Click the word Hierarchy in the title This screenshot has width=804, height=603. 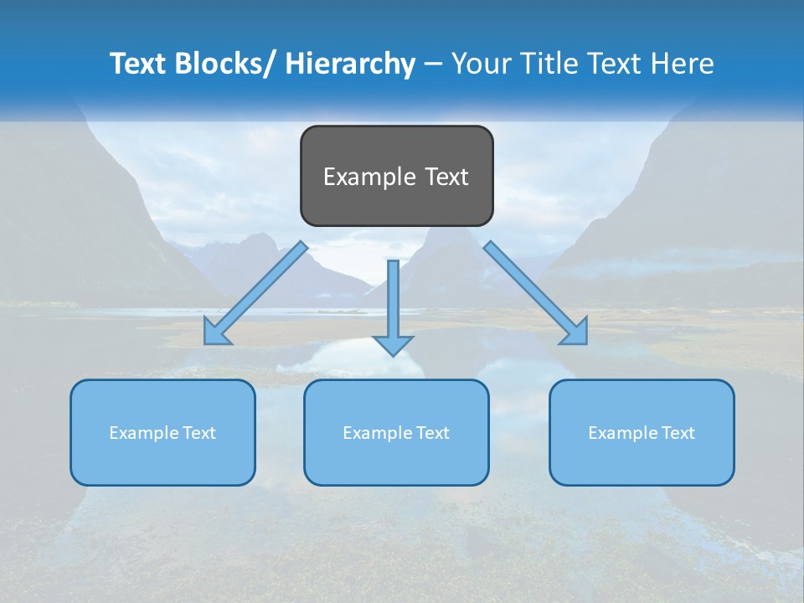(350, 64)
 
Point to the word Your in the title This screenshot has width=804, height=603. (480, 64)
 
